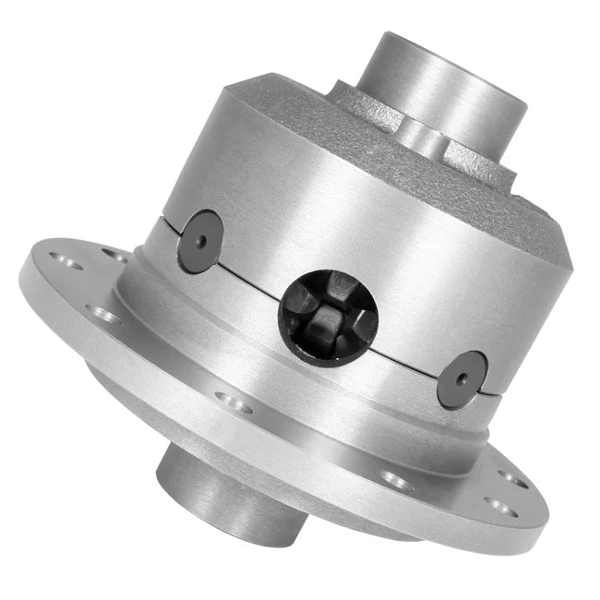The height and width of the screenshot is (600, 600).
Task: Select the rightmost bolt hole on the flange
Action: tap(513, 479)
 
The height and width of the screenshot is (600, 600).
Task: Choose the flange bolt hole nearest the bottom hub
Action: tap(234, 402)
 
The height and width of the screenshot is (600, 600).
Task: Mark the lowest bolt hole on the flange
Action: tap(498, 505)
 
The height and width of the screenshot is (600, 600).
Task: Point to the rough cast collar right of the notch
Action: tap(480, 157)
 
